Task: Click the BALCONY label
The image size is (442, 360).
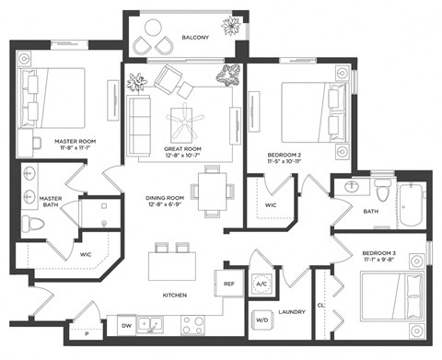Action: tap(195, 38)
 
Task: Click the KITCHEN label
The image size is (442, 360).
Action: tap(176, 295)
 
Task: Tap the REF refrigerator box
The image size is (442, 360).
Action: tap(229, 285)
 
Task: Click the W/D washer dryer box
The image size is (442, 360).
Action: tap(262, 320)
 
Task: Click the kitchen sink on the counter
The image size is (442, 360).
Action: tap(158, 324)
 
